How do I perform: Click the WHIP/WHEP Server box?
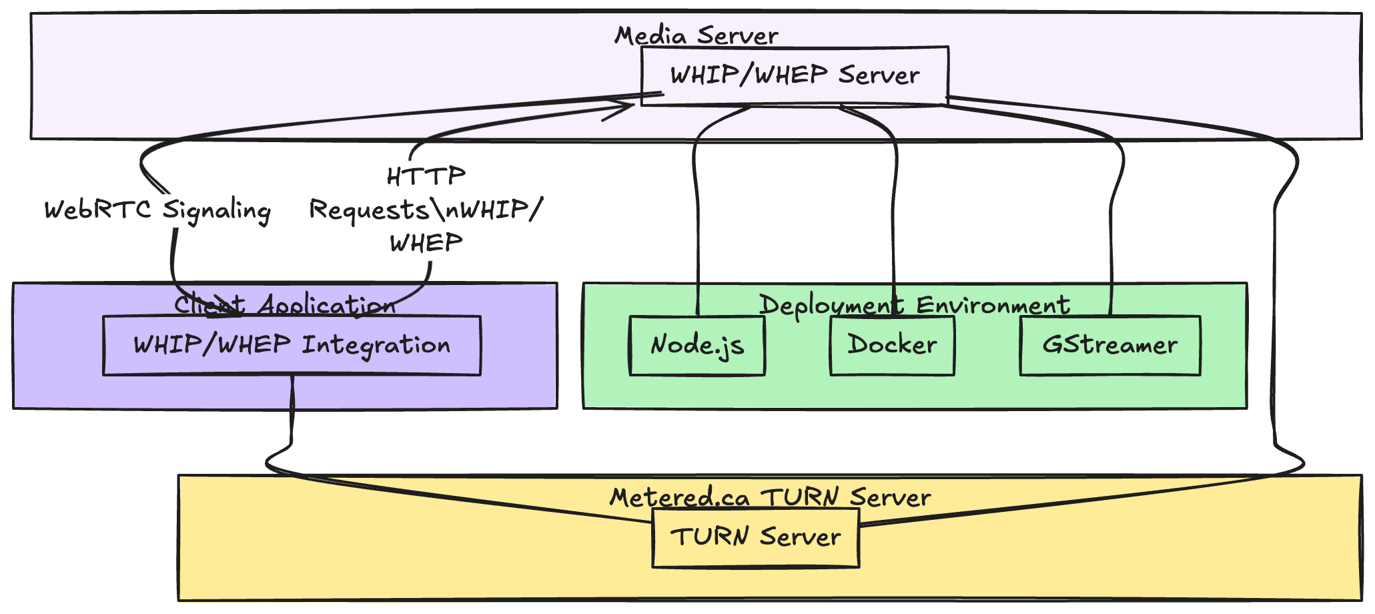pyautogui.click(x=794, y=75)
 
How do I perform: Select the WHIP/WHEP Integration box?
pyautogui.click(x=292, y=345)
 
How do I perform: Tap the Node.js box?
pyautogui.click(x=697, y=345)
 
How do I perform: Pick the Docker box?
pyautogui.click(x=892, y=345)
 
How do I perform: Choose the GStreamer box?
pyautogui.click(x=1109, y=345)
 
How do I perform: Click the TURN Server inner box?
pyautogui.click(x=755, y=537)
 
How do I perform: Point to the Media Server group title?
pyautogui.click(x=696, y=35)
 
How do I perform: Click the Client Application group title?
pyautogui.click(x=285, y=305)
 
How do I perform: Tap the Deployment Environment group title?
pyautogui.click(x=914, y=305)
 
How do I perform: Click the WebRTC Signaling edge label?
pyautogui.click(x=157, y=210)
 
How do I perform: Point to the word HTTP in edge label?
pyautogui.click(x=426, y=177)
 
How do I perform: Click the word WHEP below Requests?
pyautogui.click(x=426, y=243)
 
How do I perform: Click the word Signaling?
pyautogui.click(x=217, y=211)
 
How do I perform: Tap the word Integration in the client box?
pyautogui.click(x=376, y=346)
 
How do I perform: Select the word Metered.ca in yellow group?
pyautogui.click(x=679, y=497)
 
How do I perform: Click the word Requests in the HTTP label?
pyautogui.click(x=368, y=210)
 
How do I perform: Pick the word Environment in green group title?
pyautogui.click(x=993, y=305)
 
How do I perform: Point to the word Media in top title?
pyautogui.click(x=650, y=35)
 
